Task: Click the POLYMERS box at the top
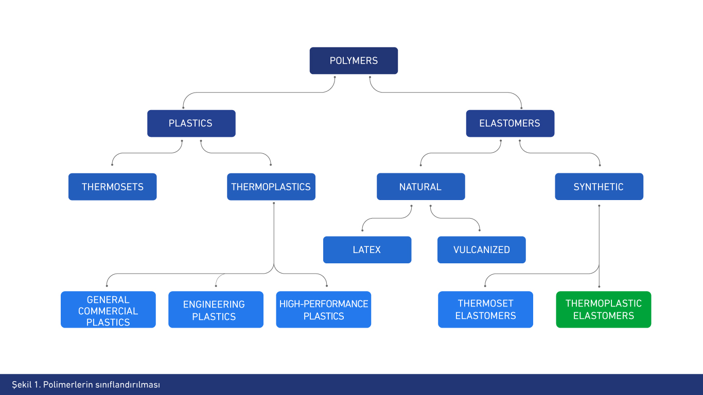pos(354,61)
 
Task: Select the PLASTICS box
pos(191,123)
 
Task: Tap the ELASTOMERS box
pos(510,123)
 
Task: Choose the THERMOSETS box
pos(112,187)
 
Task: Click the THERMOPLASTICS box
pos(271,187)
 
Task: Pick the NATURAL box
pos(420,187)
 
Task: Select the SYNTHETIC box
pos(599,187)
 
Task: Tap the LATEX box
pos(367,250)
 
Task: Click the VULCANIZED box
pos(481,250)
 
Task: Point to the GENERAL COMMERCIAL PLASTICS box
pos(108,310)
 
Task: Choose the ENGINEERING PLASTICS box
pos(216,310)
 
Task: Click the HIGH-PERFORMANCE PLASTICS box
pos(323,310)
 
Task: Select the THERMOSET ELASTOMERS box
pos(485,310)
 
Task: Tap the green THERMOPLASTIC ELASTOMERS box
pos(603,310)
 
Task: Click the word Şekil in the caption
pos(22,385)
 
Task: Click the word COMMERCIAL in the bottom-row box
pos(108,311)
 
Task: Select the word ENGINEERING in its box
pos(214,304)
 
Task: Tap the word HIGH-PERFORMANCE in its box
pos(324,304)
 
